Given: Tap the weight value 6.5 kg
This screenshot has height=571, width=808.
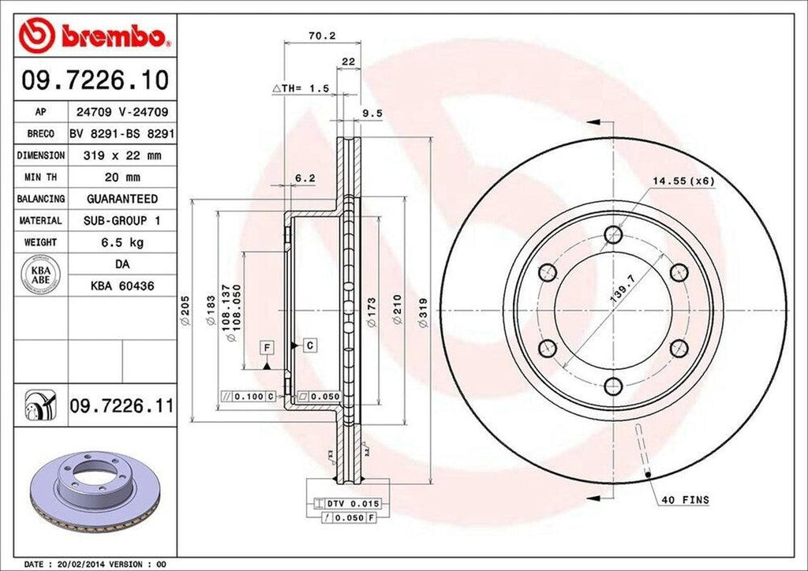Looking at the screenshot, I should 122,242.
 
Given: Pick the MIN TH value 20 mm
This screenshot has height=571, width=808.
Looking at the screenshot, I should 122,177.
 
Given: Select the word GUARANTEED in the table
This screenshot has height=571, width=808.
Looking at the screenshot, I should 122,199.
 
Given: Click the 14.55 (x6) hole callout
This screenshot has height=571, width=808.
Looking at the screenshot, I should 683,181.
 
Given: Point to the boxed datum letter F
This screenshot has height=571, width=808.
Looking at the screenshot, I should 267,347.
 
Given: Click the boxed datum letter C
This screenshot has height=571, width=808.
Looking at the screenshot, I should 310,345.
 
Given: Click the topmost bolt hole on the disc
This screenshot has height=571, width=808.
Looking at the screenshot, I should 613,234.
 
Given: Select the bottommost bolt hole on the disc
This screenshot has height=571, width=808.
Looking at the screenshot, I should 613,386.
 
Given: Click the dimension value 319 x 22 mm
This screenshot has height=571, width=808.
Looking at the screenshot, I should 122,156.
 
